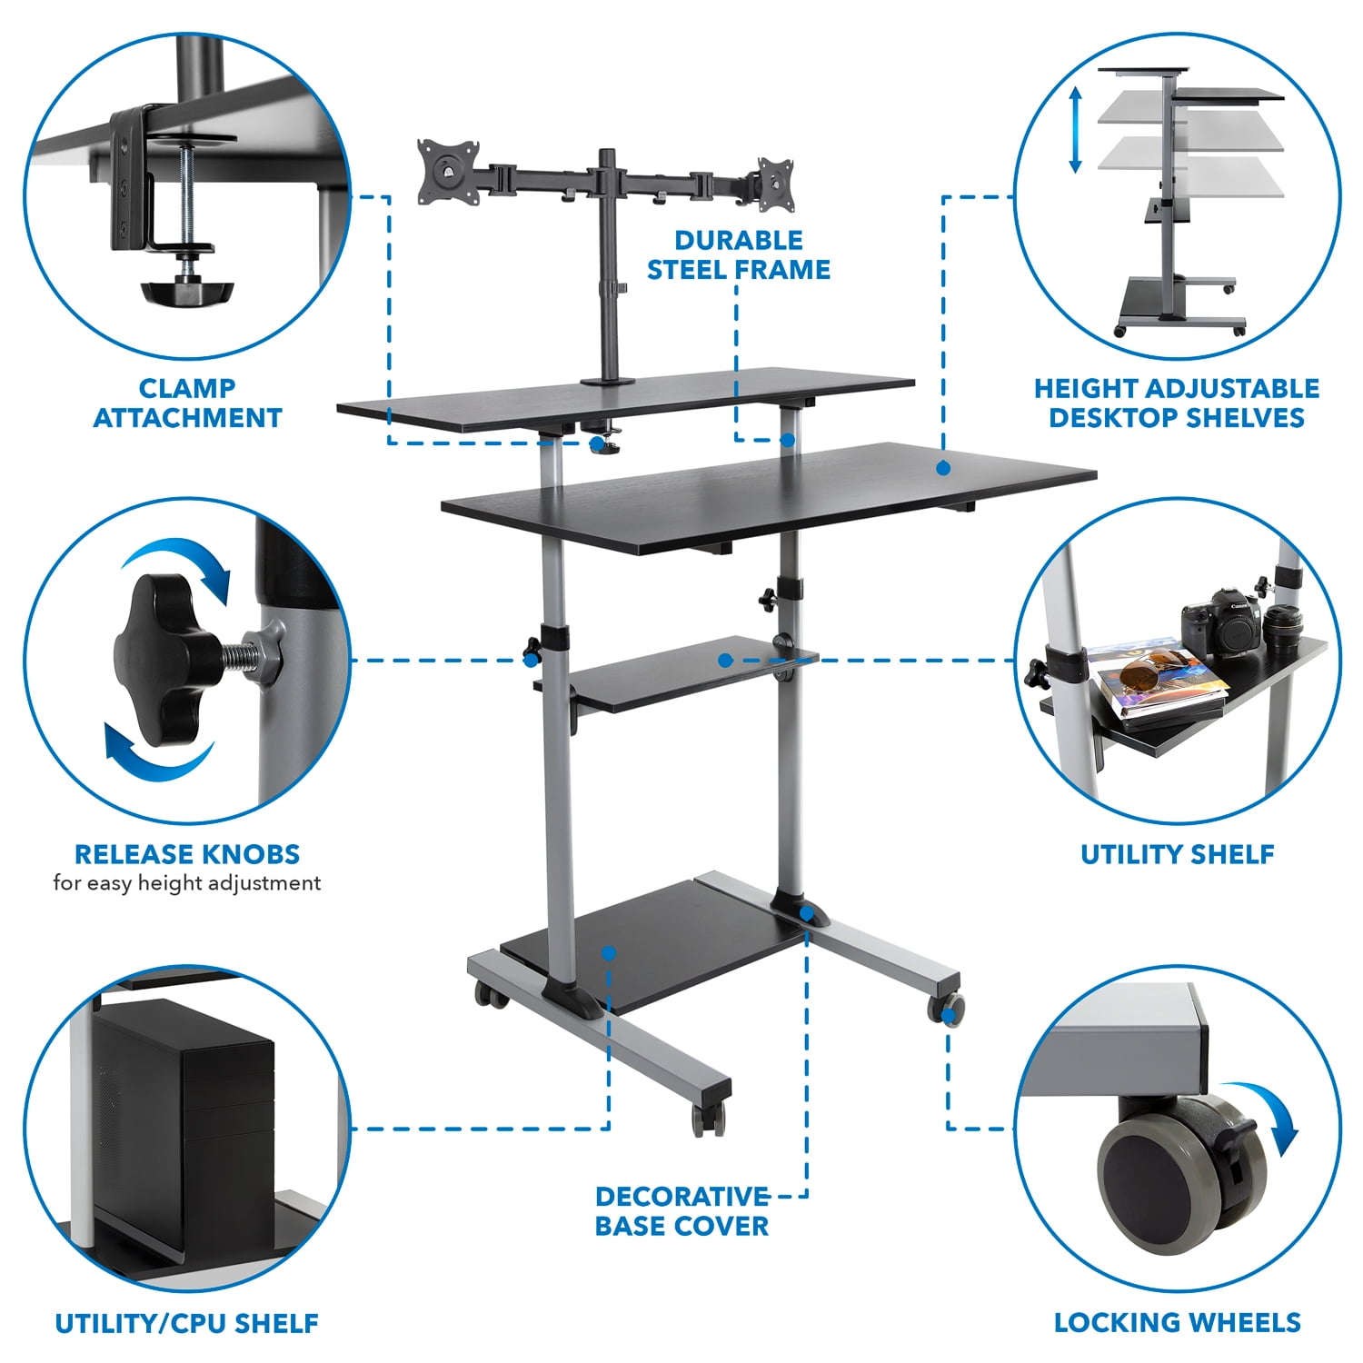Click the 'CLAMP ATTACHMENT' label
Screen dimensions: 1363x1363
(x=187, y=403)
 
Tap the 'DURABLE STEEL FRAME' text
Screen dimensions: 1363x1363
(x=738, y=255)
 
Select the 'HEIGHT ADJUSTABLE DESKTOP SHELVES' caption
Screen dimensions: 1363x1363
(x=1176, y=403)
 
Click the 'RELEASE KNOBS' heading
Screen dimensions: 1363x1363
(x=187, y=854)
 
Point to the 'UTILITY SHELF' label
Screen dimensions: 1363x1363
(x=1177, y=854)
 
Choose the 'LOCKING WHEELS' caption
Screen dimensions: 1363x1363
(x=1177, y=1322)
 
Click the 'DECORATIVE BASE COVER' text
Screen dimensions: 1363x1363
(x=681, y=1211)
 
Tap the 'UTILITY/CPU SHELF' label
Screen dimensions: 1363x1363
(x=187, y=1323)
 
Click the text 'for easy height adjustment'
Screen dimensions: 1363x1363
(x=187, y=883)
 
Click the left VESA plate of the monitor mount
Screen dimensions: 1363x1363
(x=447, y=170)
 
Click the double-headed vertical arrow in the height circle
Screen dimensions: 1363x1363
(x=1075, y=130)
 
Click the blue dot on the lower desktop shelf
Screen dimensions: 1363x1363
(x=943, y=468)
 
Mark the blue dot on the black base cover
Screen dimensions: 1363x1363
(x=609, y=953)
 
